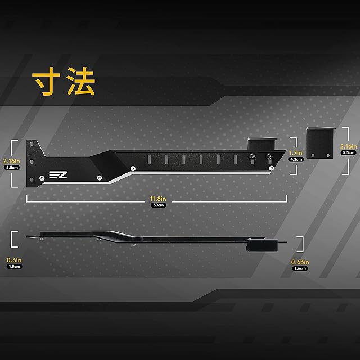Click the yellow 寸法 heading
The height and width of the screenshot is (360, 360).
(x=64, y=83)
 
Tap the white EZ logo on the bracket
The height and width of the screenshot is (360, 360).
(x=58, y=175)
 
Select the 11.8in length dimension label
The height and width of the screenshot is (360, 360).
(x=158, y=199)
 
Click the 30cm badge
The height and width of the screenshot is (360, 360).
(x=158, y=205)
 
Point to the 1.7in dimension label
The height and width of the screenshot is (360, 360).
(x=296, y=152)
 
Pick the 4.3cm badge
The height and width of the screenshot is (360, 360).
(x=296, y=159)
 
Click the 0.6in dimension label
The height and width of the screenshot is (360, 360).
(x=13, y=260)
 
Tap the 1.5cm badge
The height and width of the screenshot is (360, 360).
(x=13, y=267)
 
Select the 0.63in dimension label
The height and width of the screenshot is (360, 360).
(x=300, y=262)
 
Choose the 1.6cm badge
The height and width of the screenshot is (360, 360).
(x=300, y=268)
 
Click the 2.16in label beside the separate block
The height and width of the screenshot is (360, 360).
(x=349, y=146)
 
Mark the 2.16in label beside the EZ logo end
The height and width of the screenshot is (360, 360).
(x=11, y=160)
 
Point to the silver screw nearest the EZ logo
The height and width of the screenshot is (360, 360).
(x=43, y=178)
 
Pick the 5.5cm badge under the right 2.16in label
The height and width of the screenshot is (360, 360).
(x=349, y=152)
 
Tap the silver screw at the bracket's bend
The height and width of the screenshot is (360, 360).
(x=132, y=168)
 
